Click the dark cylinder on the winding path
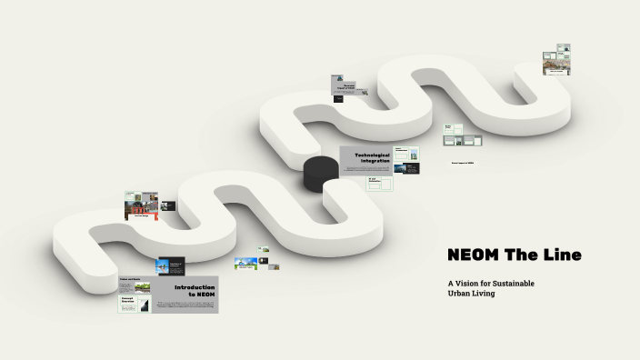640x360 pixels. pyautogui.click(x=319, y=173)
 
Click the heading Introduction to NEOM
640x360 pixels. pyautogui.click(x=195, y=290)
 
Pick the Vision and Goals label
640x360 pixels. pyautogui.click(x=130, y=279)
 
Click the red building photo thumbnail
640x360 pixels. pyautogui.click(x=141, y=210)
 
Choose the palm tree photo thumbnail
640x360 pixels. pyautogui.click(x=166, y=266)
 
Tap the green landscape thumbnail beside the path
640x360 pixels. pyautogui.click(x=246, y=263)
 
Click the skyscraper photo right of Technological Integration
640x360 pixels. pyautogui.click(x=412, y=155)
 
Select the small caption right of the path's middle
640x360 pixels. pyautogui.click(x=463, y=163)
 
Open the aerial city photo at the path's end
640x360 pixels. pyautogui.click(x=555, y=66)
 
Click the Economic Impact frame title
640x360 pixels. pyautogui.click(x=348, y=85)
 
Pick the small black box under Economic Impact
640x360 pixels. pyautogui.click(x=337, y=97)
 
